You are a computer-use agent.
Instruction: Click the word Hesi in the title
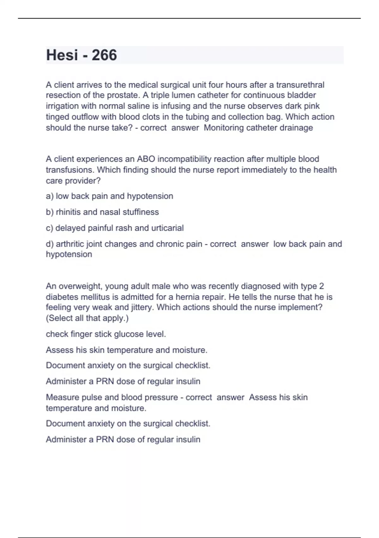point(62,55)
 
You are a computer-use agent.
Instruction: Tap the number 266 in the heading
point(104,55)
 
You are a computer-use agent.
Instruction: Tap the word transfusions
point(69,170)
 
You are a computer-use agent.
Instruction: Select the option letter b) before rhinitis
point(50,212)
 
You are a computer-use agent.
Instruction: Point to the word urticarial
point(167,228)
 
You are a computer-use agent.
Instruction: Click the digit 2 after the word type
point(322,286)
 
